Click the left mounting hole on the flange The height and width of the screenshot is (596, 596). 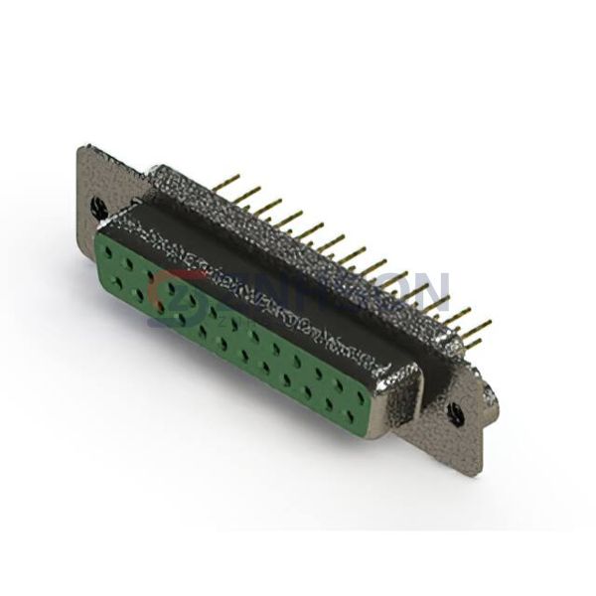(x=98, y=207)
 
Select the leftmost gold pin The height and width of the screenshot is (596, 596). (x=228, y=181)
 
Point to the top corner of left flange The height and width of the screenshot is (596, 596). (x=83, y=148)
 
